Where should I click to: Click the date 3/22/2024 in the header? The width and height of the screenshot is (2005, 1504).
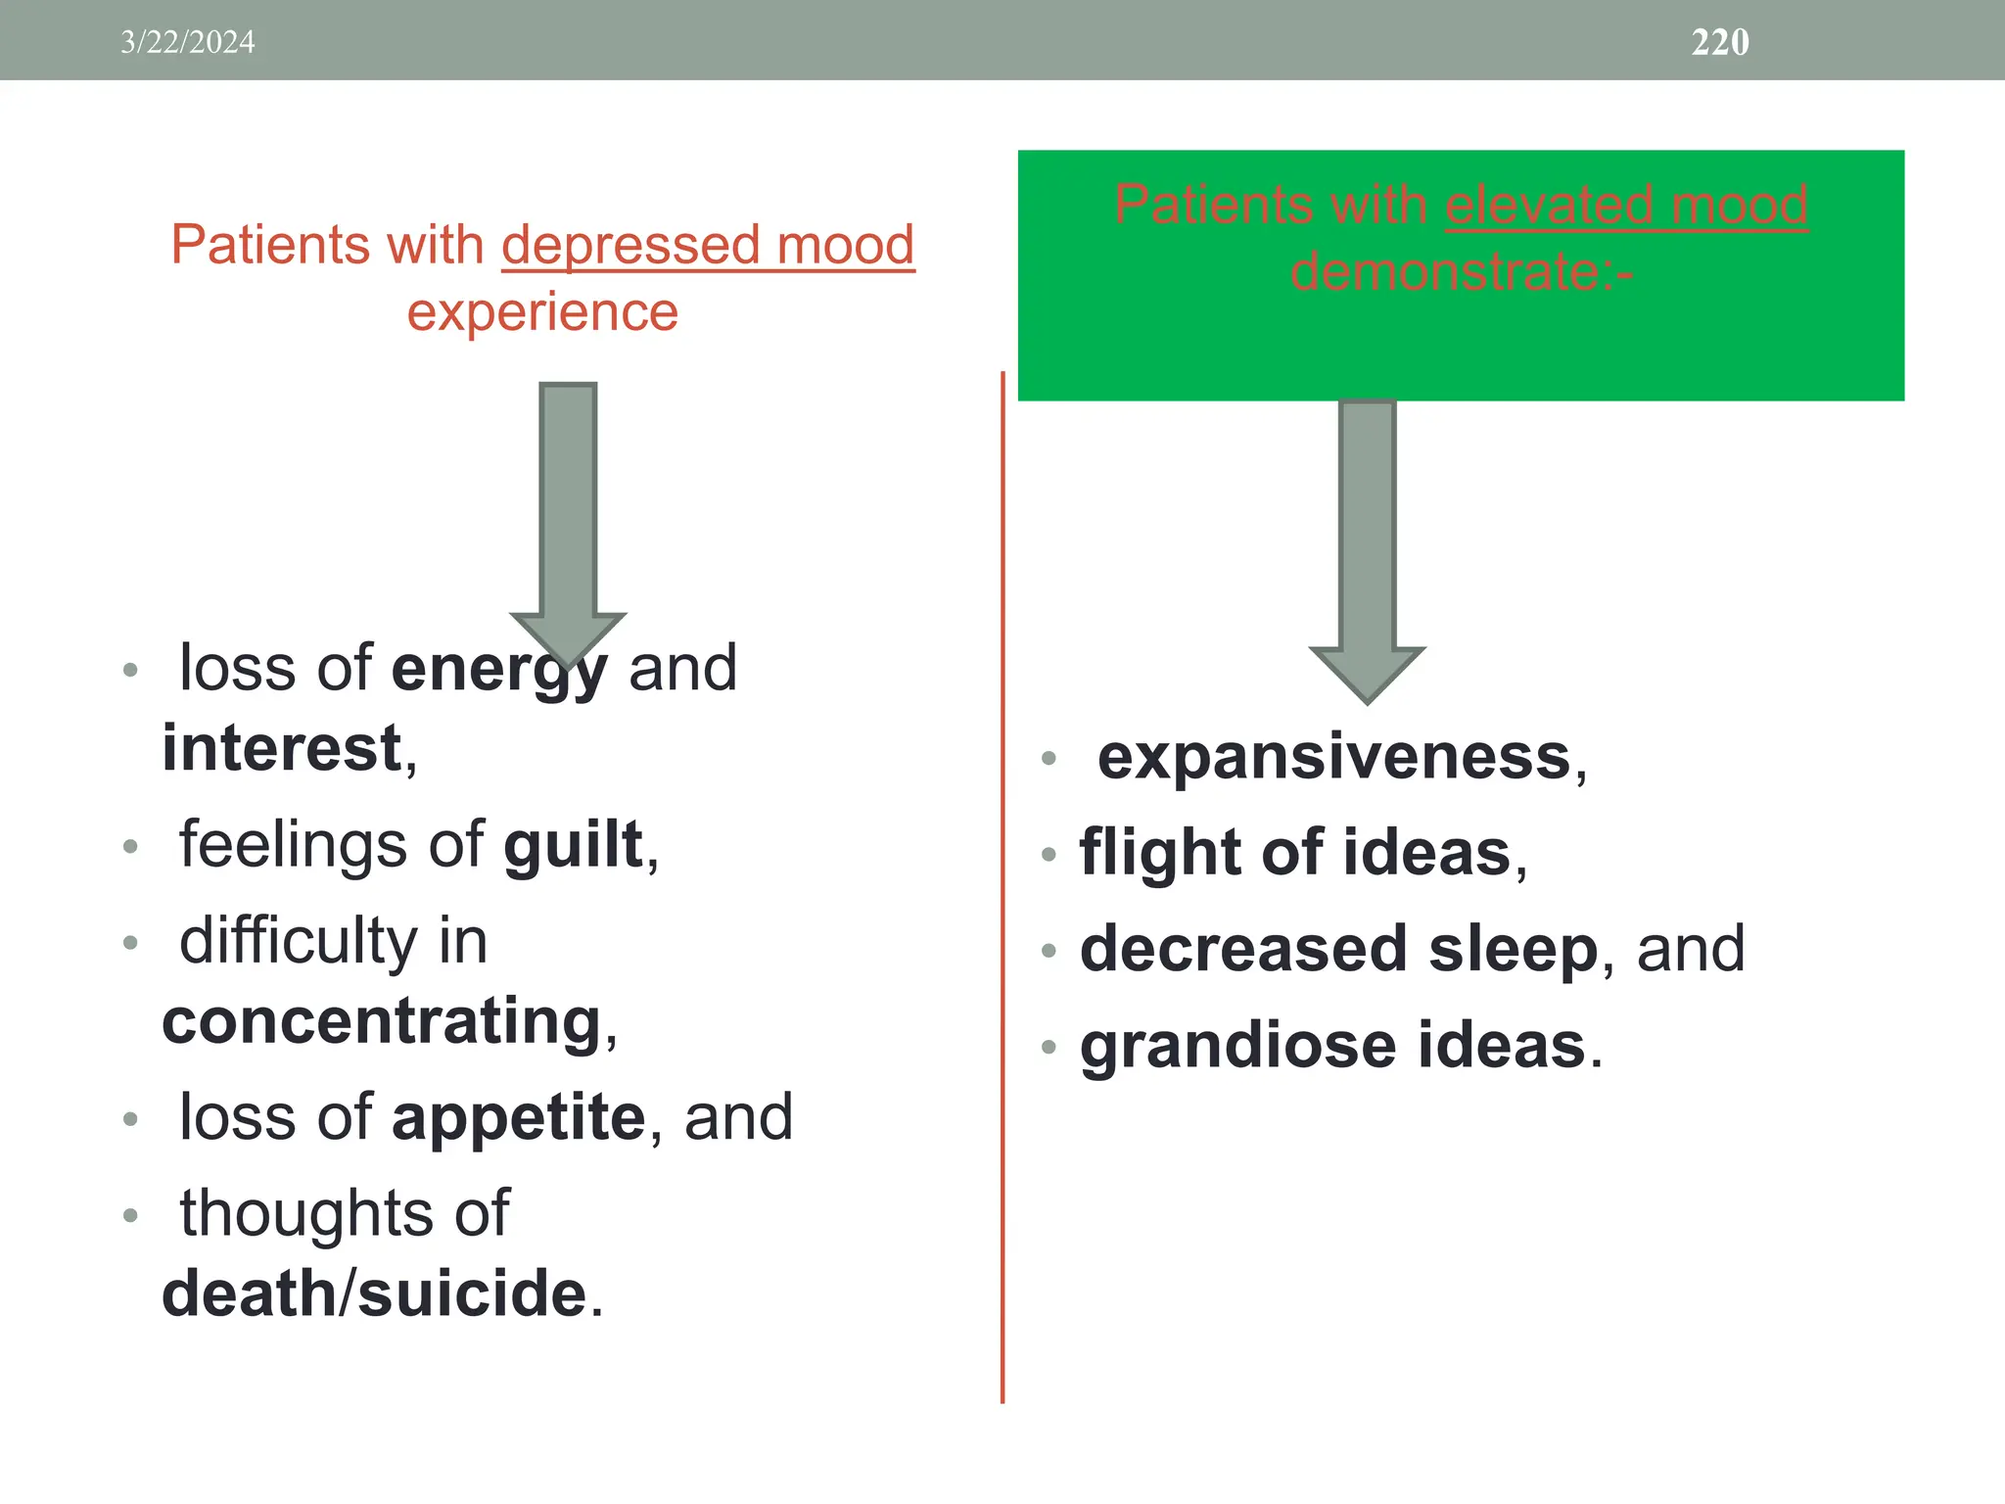(x=187, y=42)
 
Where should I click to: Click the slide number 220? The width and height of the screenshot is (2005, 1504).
(x=1720, y=42)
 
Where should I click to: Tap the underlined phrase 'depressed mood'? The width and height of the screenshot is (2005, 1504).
(x=708, y=245)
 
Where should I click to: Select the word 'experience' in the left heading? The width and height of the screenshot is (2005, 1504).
(x=542, y=313)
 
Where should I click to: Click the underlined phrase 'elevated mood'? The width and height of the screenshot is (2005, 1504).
(x=1626, y=206)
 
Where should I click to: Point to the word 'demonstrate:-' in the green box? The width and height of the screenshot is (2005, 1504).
(x=1462, y=271)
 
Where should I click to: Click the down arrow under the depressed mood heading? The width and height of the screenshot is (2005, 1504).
(x=568, y=519)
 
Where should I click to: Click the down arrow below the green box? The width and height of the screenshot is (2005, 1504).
(x=1367, y=548)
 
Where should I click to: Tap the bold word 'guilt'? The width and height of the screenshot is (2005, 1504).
(x=574, y=845)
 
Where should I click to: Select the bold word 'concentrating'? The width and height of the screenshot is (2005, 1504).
(x=382, y=1021)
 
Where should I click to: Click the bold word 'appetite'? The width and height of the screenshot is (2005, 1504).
(x=519, y=1117)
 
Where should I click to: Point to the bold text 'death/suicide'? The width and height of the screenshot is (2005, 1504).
(x=375, y=1293)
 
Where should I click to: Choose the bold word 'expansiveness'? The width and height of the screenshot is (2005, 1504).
(x=1334, y=757)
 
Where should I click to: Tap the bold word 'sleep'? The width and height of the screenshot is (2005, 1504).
(x=1513, y=949)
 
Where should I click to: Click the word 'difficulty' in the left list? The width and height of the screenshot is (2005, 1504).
(x=299, y=941)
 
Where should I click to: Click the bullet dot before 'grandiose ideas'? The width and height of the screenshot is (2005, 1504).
(x=1049, y=1047)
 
